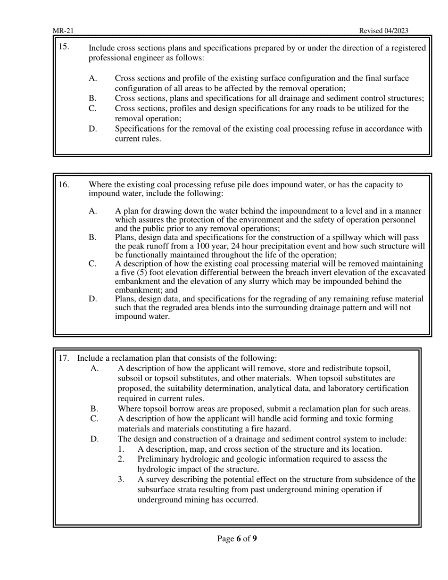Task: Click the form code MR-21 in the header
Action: [63, 31]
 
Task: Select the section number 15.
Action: [64, 47]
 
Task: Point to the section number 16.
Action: [64, 185]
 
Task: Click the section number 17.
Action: [64, 358]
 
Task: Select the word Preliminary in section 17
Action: [160, 459]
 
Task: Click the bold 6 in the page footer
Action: [239, 539]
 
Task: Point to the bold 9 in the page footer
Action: [255, 539]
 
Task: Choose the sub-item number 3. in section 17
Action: [121, 480]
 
